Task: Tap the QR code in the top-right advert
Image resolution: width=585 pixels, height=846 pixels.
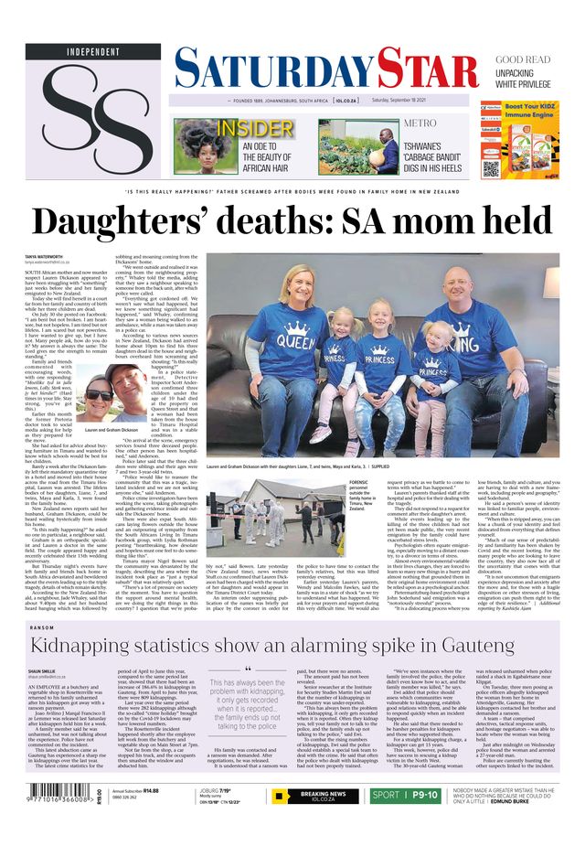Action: click(x=491, y=168)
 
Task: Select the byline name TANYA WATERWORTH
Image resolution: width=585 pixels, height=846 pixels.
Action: click(x=44, y=257)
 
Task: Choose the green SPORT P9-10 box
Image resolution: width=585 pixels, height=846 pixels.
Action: click(x=403, y=796)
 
